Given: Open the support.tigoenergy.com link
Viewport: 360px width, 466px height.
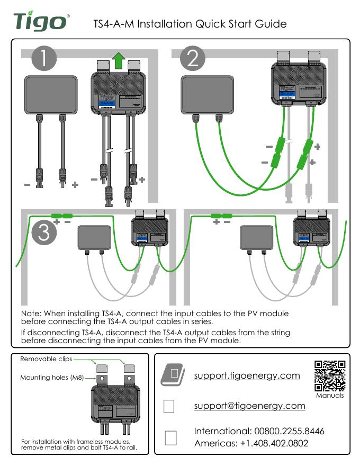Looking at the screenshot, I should click(247, 376).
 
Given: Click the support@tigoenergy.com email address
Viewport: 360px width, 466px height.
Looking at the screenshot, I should click(249, 406).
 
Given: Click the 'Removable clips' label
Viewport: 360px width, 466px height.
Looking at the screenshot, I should click(46, 360).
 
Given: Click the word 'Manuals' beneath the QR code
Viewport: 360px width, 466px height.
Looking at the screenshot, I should click(330, 395).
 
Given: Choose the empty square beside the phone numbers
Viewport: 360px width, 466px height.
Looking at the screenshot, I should click(170, 437).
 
